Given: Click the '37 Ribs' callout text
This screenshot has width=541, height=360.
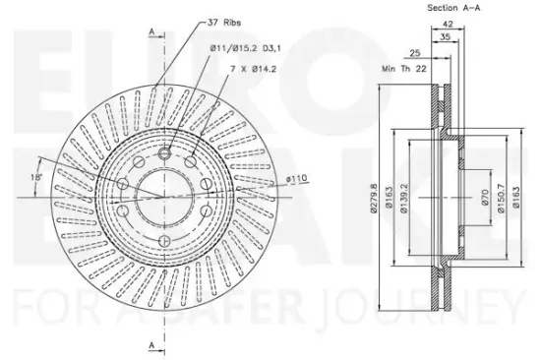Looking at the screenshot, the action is (224, 23).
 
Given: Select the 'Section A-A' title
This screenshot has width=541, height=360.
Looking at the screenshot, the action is (453, 8).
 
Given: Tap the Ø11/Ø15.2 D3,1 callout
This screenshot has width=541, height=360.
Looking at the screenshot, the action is (245, 48).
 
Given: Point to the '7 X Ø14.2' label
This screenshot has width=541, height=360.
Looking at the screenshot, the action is (254, 69).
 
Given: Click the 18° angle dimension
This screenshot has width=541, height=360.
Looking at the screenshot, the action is (36, 177).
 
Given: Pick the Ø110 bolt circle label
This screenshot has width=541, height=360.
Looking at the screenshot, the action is (296, 178).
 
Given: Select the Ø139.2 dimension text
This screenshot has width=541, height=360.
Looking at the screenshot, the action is (404, 198).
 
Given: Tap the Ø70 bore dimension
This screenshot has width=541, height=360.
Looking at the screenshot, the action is (485, 198).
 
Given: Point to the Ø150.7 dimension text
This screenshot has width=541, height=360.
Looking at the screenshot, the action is (502, 198).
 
